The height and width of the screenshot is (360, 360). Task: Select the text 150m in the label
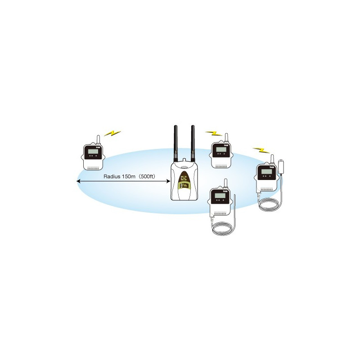(x=129, y=176)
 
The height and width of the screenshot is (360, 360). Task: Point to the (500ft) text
(x=147, y=176)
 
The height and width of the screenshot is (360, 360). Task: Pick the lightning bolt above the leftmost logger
(x=112, y=134)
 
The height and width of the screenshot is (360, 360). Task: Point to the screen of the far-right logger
(x=265, y=172)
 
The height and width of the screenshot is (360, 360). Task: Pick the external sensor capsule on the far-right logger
(x=282, y=166)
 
